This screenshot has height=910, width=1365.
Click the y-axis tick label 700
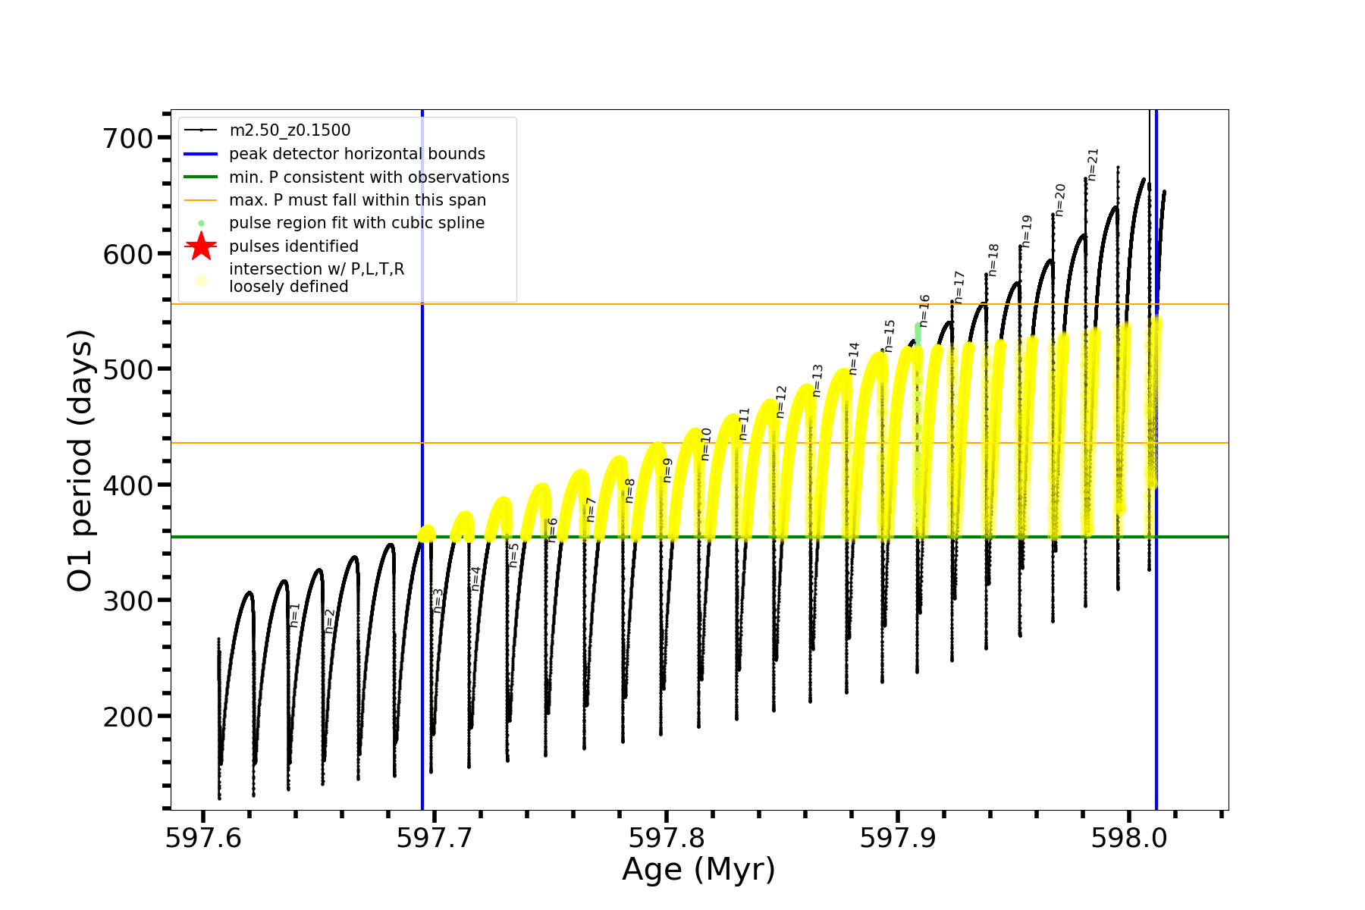coord(127,138)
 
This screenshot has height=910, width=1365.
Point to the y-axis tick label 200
coord(127,716)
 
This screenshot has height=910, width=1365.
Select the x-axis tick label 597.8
coord(666,838)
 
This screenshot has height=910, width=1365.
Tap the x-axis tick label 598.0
coord(1128,838)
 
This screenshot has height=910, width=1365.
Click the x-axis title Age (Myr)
coord(698,869)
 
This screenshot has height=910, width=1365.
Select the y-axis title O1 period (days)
coord(80,460)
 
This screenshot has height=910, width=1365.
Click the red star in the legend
coord(201,246)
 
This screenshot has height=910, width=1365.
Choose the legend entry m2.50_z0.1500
coord(290,130)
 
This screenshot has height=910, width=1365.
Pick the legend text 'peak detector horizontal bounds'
coord(357,154)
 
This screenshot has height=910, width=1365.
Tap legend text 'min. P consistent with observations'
coord(369,177)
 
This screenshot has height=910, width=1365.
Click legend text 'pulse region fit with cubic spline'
coord(356,223)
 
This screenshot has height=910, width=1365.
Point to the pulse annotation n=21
coord(1093,165)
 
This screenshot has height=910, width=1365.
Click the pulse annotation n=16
coord(924,311)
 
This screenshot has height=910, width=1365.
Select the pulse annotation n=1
coord(295,615)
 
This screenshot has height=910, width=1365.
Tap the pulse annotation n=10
coord(706,444)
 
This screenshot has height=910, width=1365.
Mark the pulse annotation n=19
coord(1027,231)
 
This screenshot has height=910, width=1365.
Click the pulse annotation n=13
coord(817,381)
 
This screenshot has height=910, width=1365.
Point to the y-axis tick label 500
coord(127,369)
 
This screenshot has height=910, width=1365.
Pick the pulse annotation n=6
coord(553,529)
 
